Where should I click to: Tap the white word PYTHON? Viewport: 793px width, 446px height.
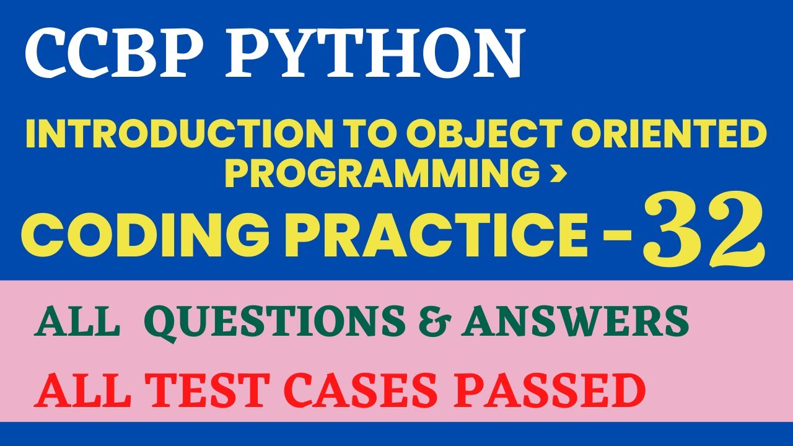pos(375,54)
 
